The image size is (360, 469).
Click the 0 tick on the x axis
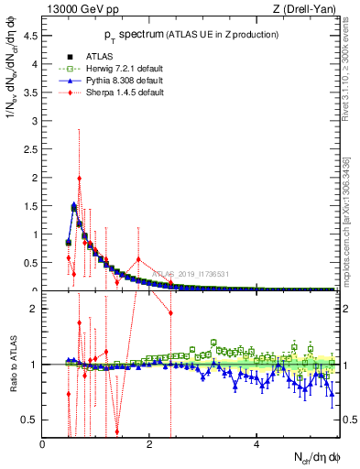click(x=43, y=446)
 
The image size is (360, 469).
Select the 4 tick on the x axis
click(x=256, y=446)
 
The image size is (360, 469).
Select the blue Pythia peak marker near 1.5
click(x=74, y=205)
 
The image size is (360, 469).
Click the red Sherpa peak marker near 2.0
click(x=80, y=179)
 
